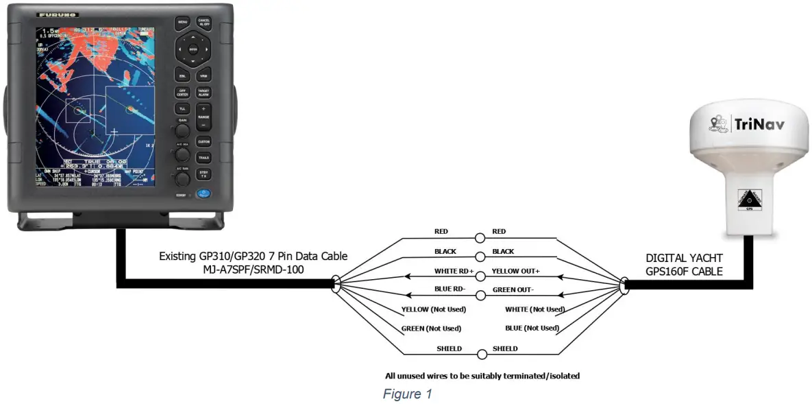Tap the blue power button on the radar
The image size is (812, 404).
point(203,194)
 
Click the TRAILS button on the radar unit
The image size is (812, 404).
point(204,158)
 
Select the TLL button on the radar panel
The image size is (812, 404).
point(182,108)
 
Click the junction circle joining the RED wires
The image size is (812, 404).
point(481,239)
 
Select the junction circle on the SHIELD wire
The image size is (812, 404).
point(482,355)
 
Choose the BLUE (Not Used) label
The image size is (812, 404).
point(532,328)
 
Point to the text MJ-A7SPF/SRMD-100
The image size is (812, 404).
point(253,269)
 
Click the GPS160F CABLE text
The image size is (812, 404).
point(684,271)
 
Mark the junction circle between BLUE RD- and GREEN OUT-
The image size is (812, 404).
point(481,296)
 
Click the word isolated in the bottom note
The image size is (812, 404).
point(561,376)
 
